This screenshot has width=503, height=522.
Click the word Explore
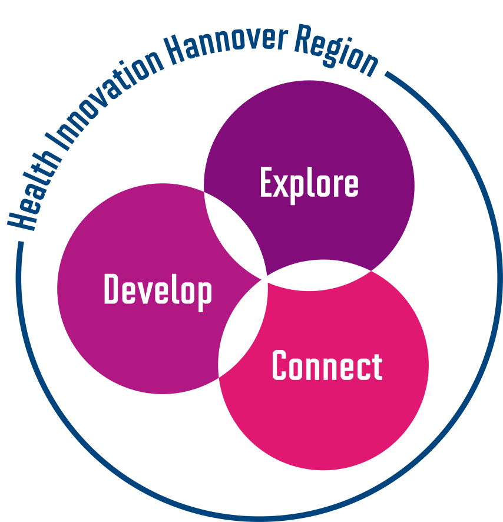[x=309, y=183]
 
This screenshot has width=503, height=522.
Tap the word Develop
[x=158, y=290]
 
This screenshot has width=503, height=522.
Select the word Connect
[x=327, y=366]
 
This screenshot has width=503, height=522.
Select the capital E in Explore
[x=267, y=183]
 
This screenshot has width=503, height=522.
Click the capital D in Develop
[x=111, y=289]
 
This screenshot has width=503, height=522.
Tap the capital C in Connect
[x=279, y=366]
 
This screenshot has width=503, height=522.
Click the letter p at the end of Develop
[x=204, y=293]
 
